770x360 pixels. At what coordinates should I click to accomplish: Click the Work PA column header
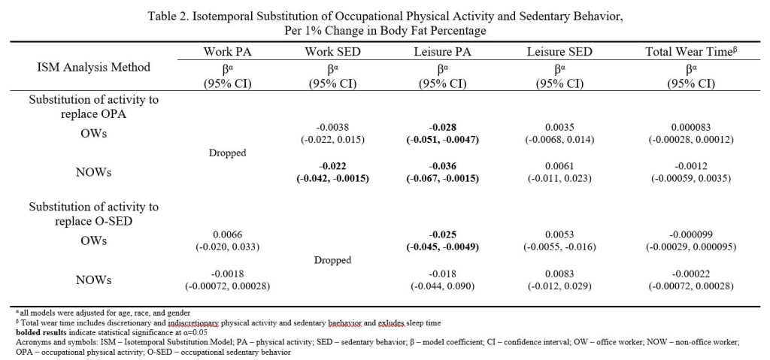click(x=227, y=52)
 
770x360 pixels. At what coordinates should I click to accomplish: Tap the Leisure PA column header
click(x=442, y=52)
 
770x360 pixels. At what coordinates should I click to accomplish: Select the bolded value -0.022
click(x=332, y=168)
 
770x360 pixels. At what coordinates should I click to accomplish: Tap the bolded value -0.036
click(x=442, y=168)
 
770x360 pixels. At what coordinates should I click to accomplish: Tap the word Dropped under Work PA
click(x=227, y=153)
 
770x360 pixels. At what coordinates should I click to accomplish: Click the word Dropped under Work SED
click(x=332, y=260)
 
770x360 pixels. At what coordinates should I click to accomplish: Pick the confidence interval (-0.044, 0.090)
click(x=442, y=286)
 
